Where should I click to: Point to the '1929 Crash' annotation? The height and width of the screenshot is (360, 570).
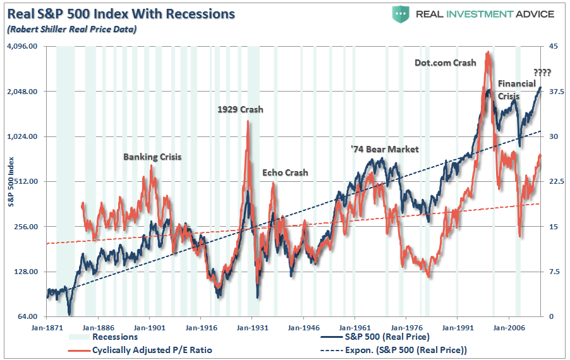click(x=240, y=110)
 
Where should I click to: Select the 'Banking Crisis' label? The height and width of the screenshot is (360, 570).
click(x=152, y=157)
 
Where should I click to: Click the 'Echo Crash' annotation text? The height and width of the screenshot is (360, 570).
click(x=285, y=173)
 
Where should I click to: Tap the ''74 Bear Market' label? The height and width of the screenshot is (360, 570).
click(x=385, y=149)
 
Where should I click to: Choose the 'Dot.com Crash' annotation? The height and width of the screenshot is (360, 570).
click(x=446, y=63)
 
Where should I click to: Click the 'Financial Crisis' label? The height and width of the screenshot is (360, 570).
click(x=516, y=90)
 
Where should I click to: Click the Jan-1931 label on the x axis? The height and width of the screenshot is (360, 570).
click(x=252, y=328)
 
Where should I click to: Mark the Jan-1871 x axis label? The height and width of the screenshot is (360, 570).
click(x=47, y=328)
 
